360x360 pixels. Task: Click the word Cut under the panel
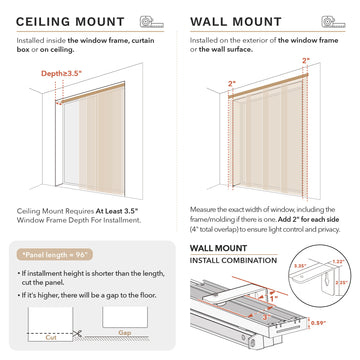click(x=35, y=338)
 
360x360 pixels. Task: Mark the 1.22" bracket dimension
click(x=337, y=260)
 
